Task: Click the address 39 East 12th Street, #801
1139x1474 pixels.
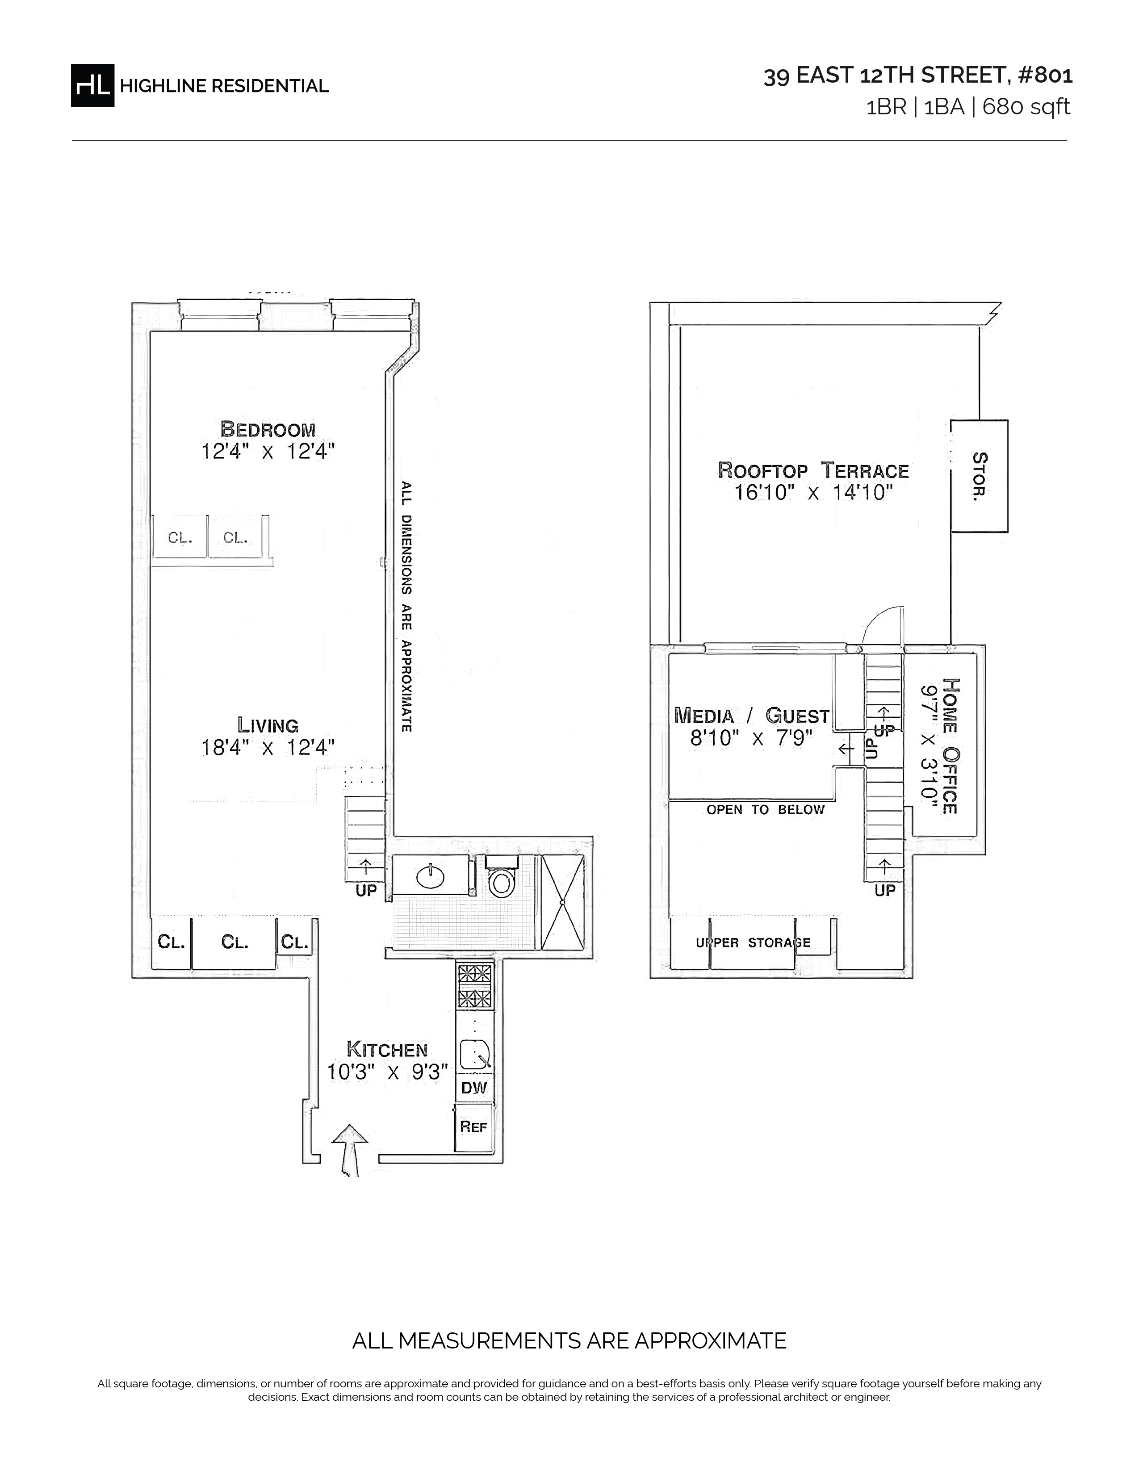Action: [918, 75]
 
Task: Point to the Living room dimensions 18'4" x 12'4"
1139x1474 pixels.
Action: [268, 747]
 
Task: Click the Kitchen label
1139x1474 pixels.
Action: [387, 1050]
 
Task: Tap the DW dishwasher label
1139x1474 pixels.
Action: [473, 1088]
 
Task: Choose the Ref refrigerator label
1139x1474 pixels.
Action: [473, 1126]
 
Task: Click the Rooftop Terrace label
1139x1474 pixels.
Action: [813, 470]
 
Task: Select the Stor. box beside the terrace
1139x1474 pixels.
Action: [979, 476]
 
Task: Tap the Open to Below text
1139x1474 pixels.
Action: [766, 810]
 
